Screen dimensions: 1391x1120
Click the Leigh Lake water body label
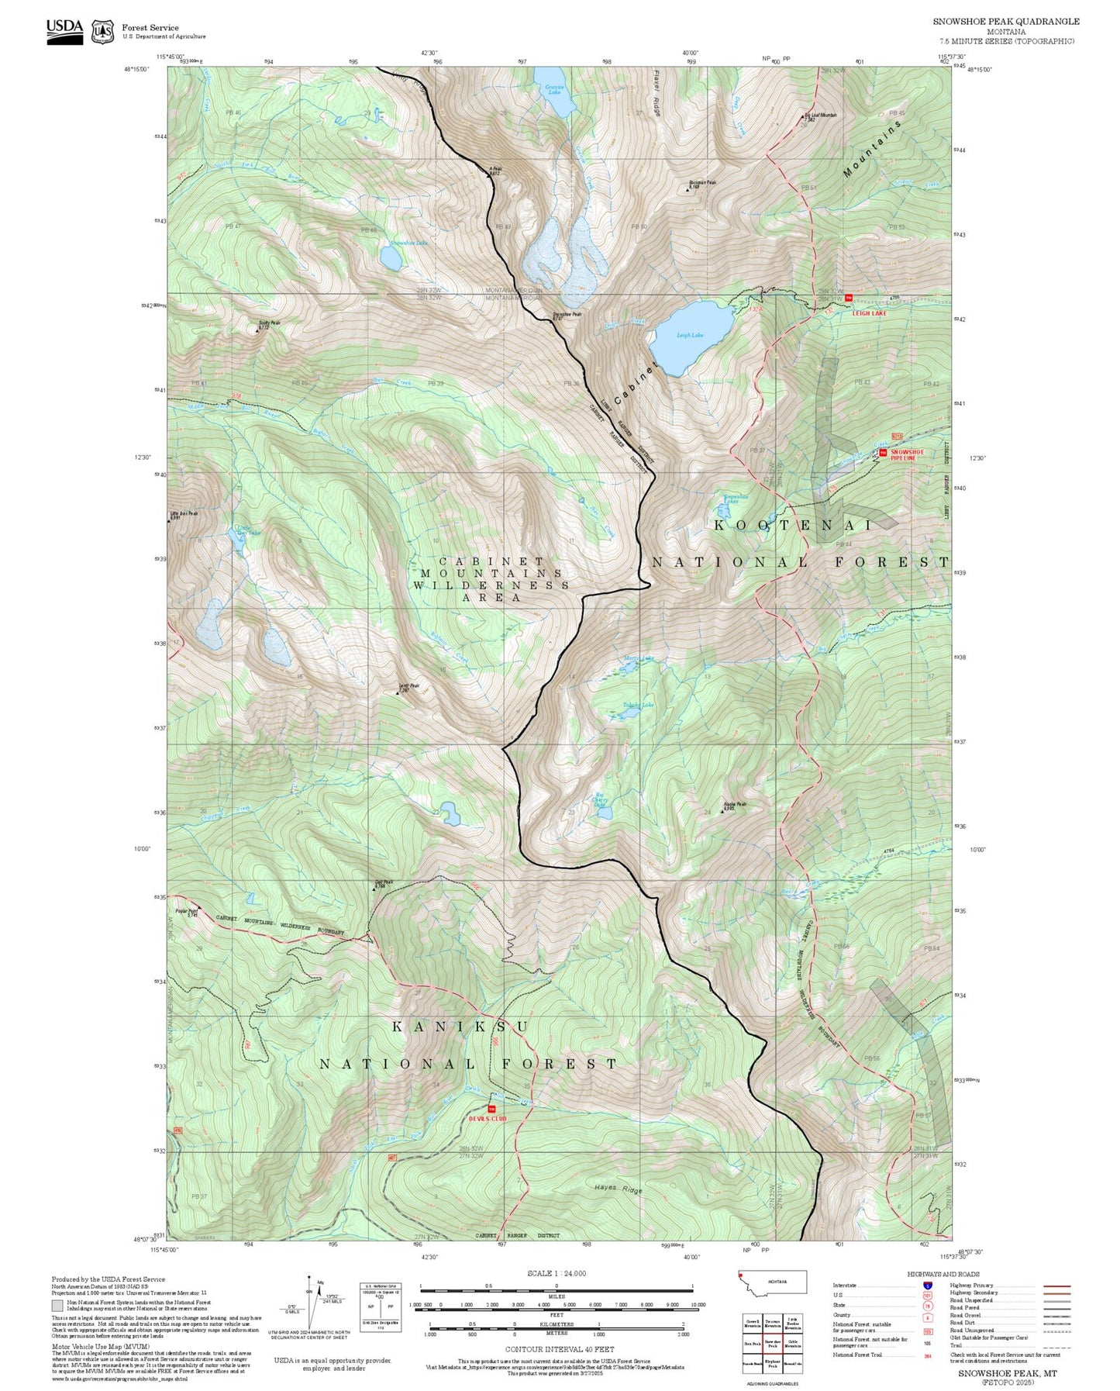coord(689,335)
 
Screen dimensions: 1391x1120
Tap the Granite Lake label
coord(553,89)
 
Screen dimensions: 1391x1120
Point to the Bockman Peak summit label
coord(703,185)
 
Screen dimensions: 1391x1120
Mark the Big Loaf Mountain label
coord(820,116)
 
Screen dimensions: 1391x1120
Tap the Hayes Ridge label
coord(618,1189)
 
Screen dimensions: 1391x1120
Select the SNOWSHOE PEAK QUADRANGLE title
coord(1005,22)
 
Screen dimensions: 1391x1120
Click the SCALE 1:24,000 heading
coord(556,1272)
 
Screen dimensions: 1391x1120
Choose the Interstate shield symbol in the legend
coord(927,1285)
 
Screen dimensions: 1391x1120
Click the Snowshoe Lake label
coord(408,243)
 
